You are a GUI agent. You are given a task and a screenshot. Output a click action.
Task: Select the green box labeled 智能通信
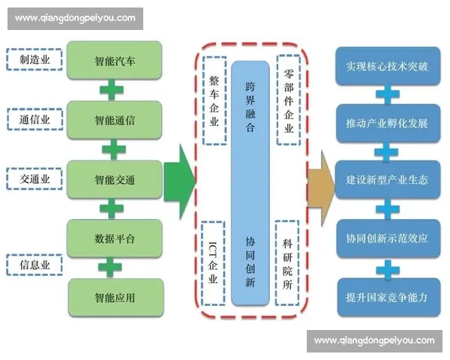click(114, 119)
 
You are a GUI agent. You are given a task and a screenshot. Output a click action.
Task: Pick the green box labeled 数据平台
click(114, 238)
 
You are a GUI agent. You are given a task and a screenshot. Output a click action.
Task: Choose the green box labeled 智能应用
click(114, 297)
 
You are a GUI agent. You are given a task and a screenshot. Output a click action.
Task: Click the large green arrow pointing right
click(179, 178)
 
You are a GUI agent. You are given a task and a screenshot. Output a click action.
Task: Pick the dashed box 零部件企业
click(287, 98)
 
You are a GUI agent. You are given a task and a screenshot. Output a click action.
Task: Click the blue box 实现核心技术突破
click(386, 65)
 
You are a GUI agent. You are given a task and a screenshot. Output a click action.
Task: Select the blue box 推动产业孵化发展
click(386, 123)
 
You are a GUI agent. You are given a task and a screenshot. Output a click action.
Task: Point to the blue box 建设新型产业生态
click(386, 181)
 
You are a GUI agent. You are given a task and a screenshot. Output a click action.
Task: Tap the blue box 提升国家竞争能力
click(386, 296)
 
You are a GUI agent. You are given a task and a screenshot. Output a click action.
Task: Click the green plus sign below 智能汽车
click(112, 89)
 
